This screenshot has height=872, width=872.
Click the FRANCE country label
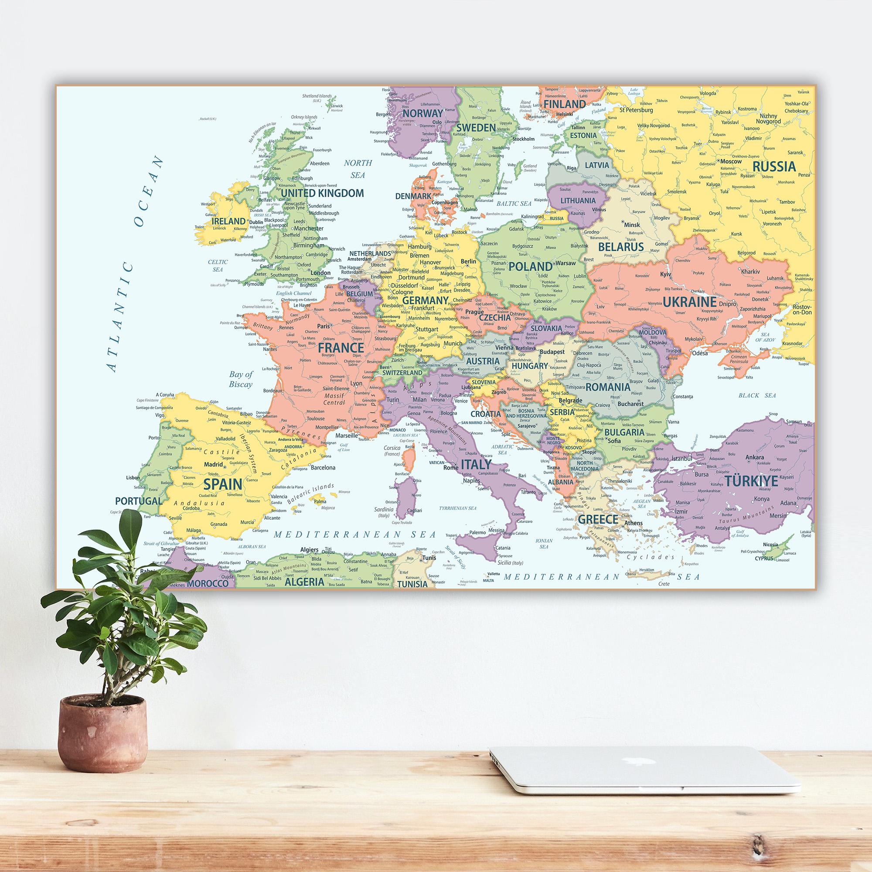[x=341, y=347]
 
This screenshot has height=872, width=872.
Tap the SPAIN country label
[x=222, y=484]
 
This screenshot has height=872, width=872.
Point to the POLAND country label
[x=530, y=266]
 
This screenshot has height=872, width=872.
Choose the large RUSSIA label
[x=773, y=167]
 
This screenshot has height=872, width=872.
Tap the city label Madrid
[x=214, y=464]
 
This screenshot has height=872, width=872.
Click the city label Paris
[x=323, y=326]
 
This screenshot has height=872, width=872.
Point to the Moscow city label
[x=731, y=161]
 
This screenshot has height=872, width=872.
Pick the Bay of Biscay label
[x=241, y=379]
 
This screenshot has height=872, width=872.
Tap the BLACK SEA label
[x=757, y=395]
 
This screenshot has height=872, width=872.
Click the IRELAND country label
[x=229, y=221]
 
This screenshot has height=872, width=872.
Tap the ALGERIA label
[x=304, y=582]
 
